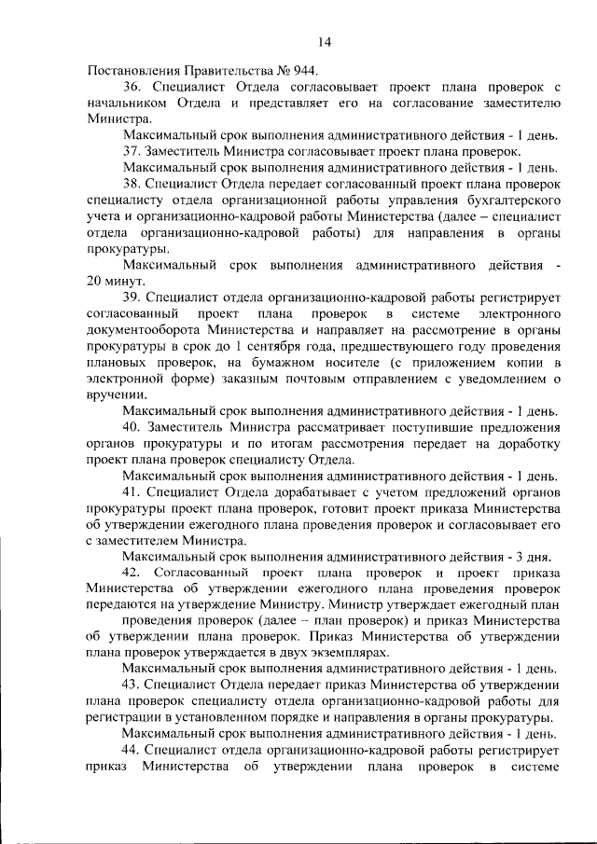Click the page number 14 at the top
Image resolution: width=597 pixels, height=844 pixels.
coord(324,42)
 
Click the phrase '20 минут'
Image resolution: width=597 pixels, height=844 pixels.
coord(116,282)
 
